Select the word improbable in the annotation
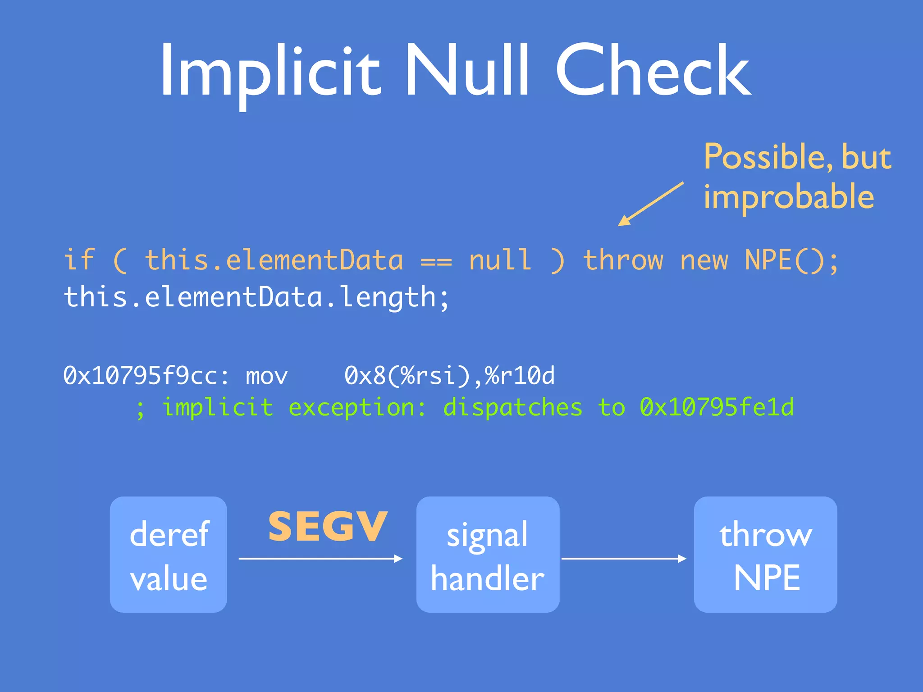pos(789,197)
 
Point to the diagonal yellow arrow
pos(651,204)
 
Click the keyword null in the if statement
pos(500,260)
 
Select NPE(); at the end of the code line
pos(791,260)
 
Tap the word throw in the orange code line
pos(623,260)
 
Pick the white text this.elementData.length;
pos(256,297)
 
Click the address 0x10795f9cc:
pos(146,376)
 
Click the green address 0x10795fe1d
pos(717,407)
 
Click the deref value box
pos(168,555)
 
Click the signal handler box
pos(488,555)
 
